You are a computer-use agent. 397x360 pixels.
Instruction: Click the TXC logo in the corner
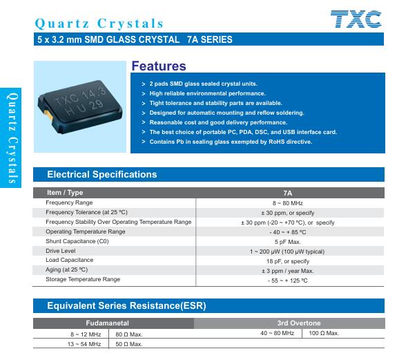click(x=356, y=19)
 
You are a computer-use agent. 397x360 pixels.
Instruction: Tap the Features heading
click(x=159, y=66)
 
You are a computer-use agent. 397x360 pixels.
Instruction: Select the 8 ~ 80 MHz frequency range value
click(x=288, y=203)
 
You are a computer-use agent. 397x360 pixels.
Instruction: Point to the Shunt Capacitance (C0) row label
click(x=77, y=241)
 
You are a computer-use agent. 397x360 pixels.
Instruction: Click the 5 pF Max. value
click(x=288, y=242)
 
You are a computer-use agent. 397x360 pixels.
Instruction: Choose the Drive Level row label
click(x=61, y=251)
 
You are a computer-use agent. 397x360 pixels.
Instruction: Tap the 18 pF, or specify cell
click(x=288, y=261)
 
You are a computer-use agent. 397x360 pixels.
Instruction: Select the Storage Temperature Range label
click(x=83, y=279)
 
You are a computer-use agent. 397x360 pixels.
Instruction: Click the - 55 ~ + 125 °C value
click(x=287, y=281)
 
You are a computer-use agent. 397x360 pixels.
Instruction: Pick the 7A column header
click(x=288, y=193)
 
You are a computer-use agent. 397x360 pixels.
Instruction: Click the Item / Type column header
click(x=65, y=193)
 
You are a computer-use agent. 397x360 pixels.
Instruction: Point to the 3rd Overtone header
click(x=299, y=323)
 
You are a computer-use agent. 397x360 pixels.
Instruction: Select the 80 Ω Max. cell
click(x=129, y=334)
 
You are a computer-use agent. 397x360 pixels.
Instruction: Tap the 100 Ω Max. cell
click(x=324, y=333)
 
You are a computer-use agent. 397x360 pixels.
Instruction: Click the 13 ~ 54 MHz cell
click(x=84, y=344)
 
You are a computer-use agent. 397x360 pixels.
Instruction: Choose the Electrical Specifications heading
click(x=102, y=174)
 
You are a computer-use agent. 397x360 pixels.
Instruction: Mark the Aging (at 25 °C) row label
click(x=66, y=269)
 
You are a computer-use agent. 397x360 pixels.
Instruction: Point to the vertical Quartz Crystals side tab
click(x=11, y=138)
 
